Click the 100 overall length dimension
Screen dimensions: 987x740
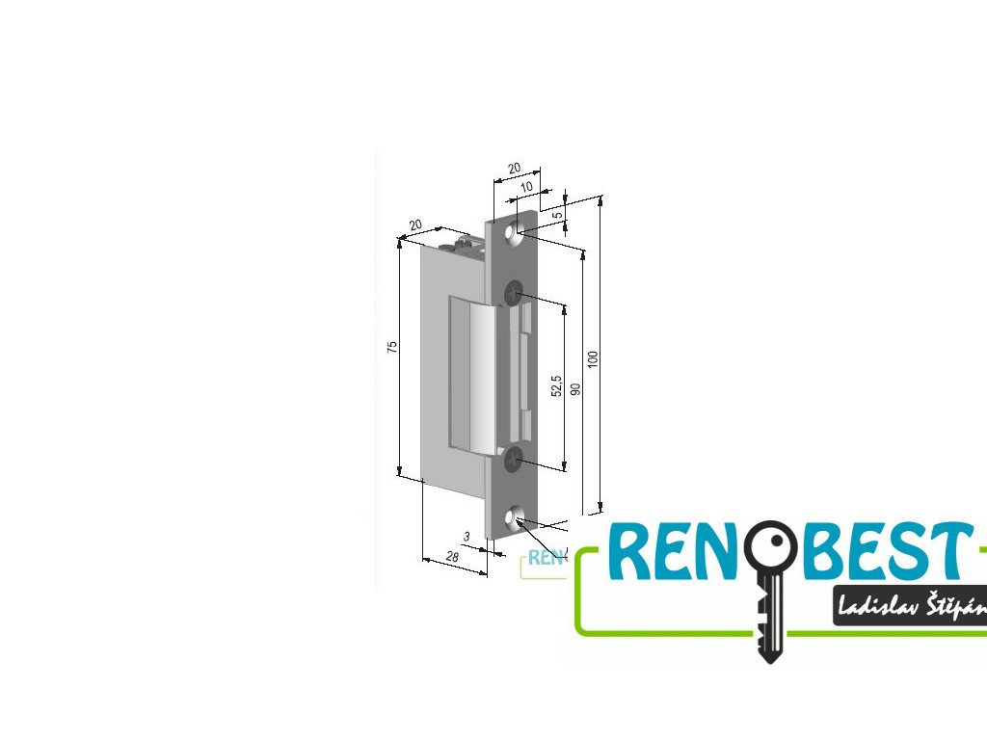[x=594, y=358]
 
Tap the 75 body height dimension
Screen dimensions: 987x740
[x=392, y=347]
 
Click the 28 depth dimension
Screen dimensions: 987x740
[x=451, y=557]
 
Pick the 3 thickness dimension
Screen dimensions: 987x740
[x=467, y=536]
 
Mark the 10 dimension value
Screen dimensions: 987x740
[x=525, y=186]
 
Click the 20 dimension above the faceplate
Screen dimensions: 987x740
[x=514, y=168]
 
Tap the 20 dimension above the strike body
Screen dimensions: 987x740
[x=415, y=225]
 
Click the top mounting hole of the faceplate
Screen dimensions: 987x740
[x=517, y=231]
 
